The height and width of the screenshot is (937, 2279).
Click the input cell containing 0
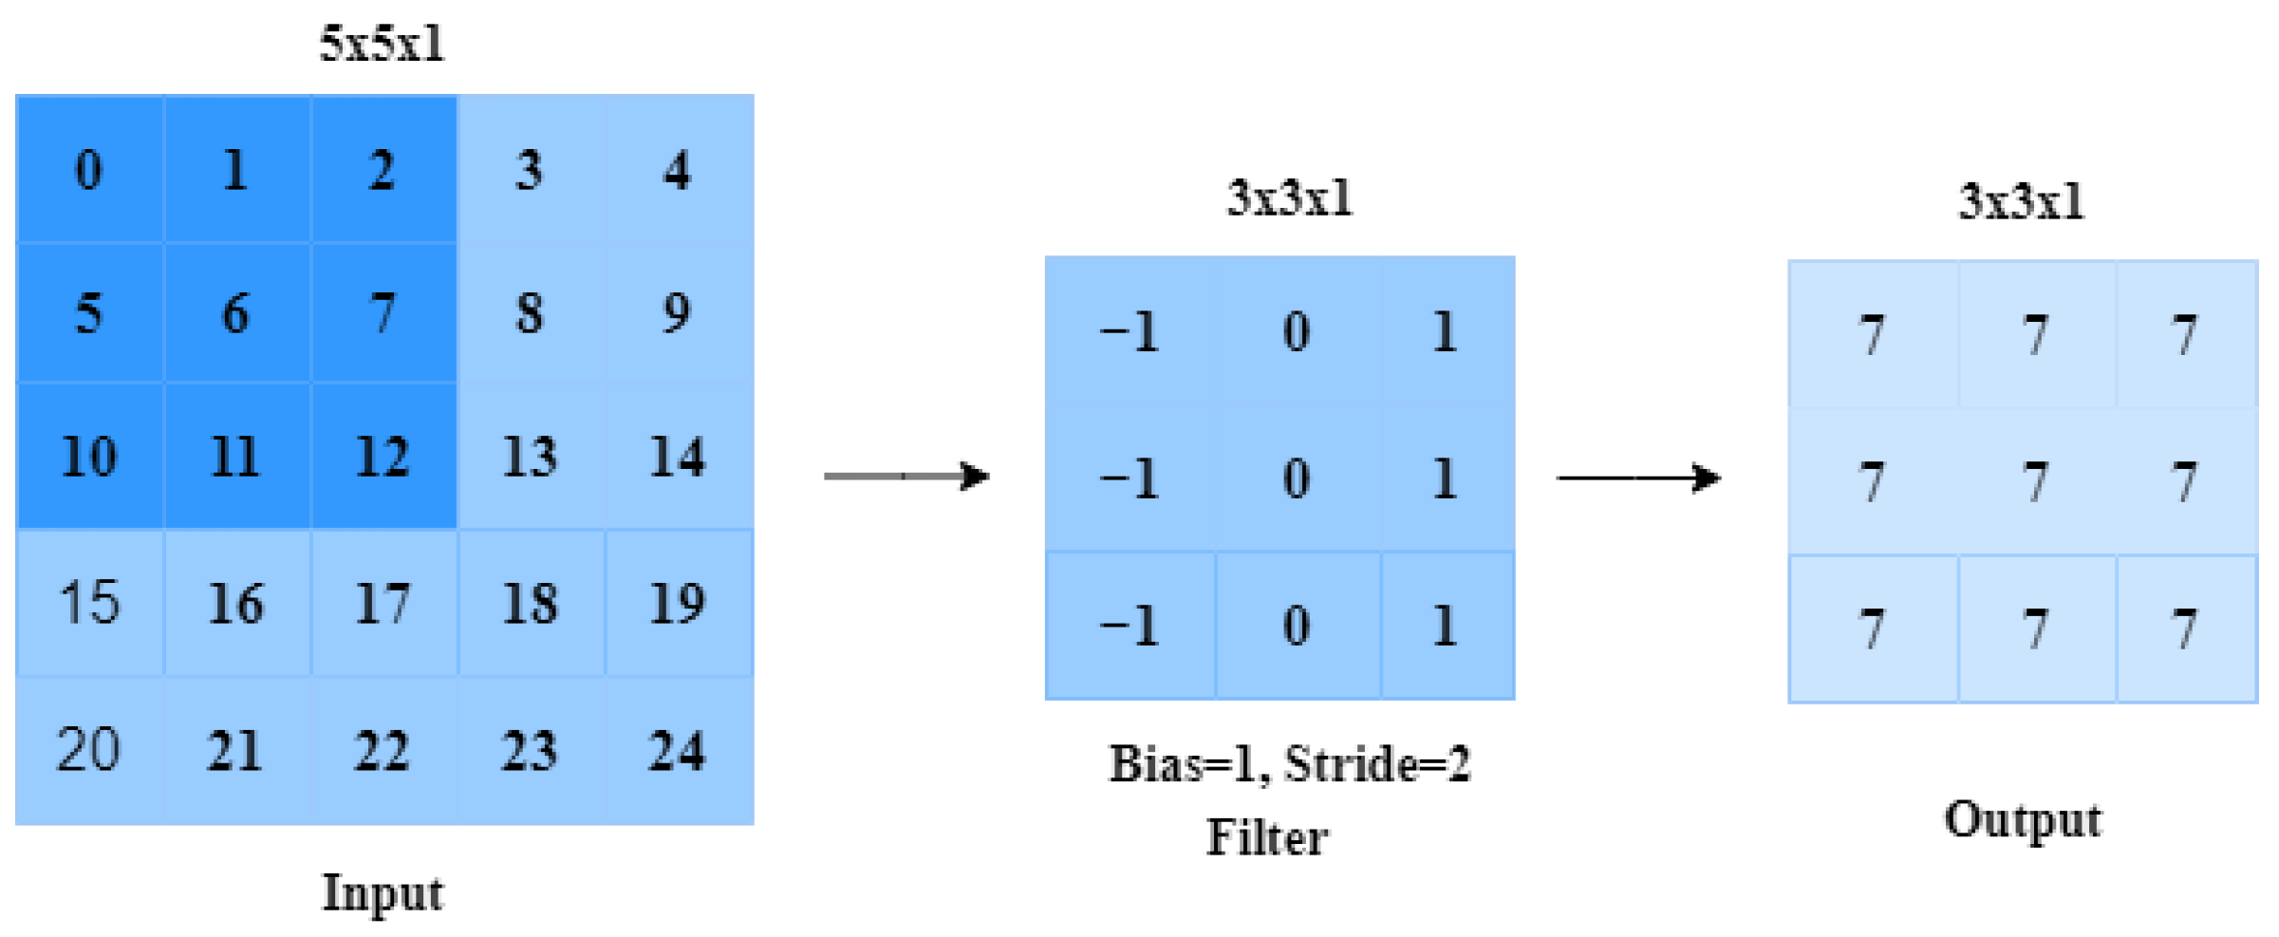pyautogui.click(x=89, y=170)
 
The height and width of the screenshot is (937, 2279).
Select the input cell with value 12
pyautogui.click(x=383, y=457)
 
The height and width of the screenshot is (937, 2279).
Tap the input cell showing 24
pyautogui.click(x=677, y=751)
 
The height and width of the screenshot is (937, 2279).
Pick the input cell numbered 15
pyautogui.click(x=89, y=603)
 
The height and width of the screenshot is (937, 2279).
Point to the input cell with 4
pyautogui.click(x=677, y=170)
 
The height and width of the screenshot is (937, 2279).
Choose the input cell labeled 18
pyautogui.click(x=530, y=603)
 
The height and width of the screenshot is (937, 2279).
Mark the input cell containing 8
pyautogui.click(x=530, y=312)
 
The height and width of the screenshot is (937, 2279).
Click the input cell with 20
pyautogui.click(x=89, y=751)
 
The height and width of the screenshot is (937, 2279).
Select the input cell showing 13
pyautogui.click(x=530, y=457)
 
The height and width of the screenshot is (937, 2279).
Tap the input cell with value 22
pyautogui.click(x=383, y=751)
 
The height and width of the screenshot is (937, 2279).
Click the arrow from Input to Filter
pyautogui.click(x=906, y=476)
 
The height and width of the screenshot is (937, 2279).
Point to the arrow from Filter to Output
pyautogui.click(x=1637, y=478)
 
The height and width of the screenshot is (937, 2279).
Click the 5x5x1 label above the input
pyautogui.click(x=382, y=44)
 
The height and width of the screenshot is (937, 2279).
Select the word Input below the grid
pyautogui.click(x=383, y=893)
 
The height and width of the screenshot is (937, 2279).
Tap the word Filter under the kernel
pyautogui.click(x=1267, y=838)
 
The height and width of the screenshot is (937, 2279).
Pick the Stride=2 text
pyautogui.click(x=1377, y=763)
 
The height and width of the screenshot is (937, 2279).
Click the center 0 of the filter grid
pyautogui.click(x=1297, y=478)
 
